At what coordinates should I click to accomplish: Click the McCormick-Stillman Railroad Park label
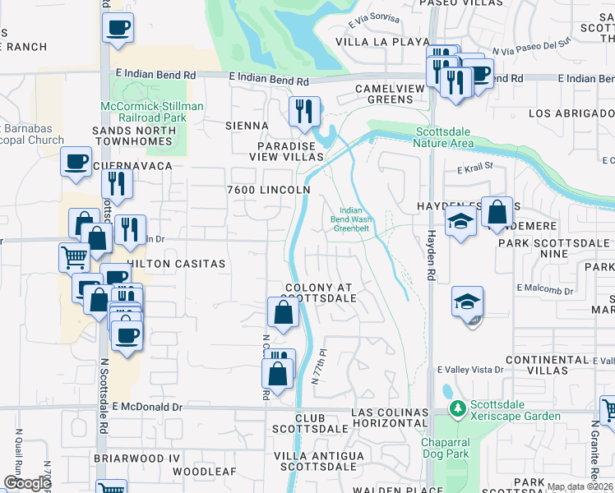[152, 112]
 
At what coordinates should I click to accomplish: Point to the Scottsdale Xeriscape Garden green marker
[458, 408]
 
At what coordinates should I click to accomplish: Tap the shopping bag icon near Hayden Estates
[497, 213]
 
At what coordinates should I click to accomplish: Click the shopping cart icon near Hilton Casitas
[74, 256]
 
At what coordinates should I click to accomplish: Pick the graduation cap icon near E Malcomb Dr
[468, 302]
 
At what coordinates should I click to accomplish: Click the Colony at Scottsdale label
[320, 293]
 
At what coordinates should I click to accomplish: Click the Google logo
[27, 483]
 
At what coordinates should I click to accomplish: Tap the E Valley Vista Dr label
[469, 371]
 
